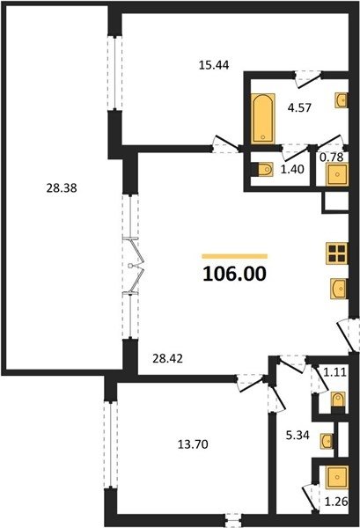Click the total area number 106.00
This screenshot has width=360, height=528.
(x=235, y=274)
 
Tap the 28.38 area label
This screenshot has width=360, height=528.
(x=62, y=188)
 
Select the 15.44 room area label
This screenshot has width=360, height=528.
(x=214, y=64)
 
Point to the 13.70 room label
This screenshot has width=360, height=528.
(x=193, y=444)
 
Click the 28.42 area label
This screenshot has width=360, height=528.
(x=168, y=359)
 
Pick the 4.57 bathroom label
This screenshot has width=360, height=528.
(x=299, y=107)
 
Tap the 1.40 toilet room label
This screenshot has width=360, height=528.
(x=292, y=169)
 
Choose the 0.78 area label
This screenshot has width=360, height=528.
(x=331, y=157)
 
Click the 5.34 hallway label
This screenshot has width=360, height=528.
(x=298, y=436)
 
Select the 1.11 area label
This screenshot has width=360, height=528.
(x=334, y=372)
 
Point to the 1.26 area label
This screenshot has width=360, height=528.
(x=336, y=502)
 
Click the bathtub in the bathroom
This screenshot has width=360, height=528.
(x=262, y=119)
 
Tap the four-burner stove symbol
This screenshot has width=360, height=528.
(x=337, y=253)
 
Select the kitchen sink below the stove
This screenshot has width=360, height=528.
(x=339, y=289)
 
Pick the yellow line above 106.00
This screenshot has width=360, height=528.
(x=235, y=257)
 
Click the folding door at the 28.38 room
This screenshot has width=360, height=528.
(x=134, y=266)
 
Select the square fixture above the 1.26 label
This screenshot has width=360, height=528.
(x=337, y=477)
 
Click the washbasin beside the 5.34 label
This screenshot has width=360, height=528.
(x=327, y=441)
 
